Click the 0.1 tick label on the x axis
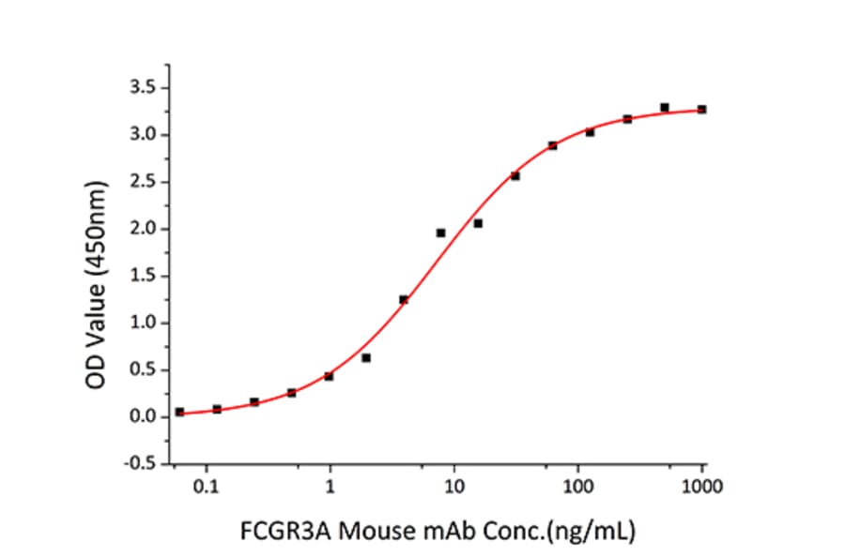[x=207, y=488]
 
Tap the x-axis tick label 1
[x=330, y=488]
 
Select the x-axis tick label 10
[x=454, y=488]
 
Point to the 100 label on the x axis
[x=578, y=488]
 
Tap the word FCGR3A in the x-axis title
[x=273, y=532]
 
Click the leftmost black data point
[x=179, y=412]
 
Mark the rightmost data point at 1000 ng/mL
[x=702, y=110]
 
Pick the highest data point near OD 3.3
[x=665, y=107]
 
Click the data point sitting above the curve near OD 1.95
[x=440, y=233]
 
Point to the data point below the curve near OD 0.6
[x=366, y=357]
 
